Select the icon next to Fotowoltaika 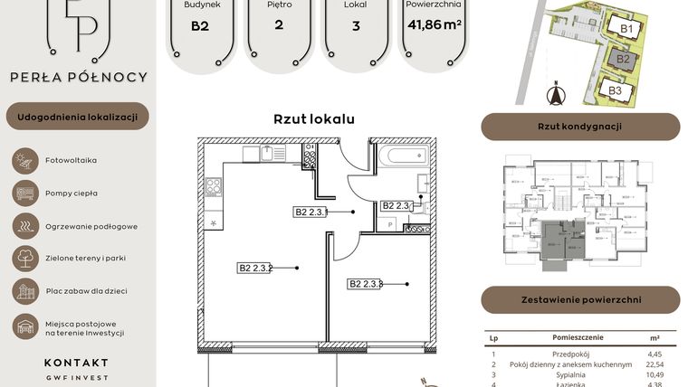pos(24,160)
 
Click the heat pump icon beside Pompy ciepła pos(24,193)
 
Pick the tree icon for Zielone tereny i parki pos(24,259)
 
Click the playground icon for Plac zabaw pos(24,291)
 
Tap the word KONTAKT pos(76,362)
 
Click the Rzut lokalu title pos(313,118)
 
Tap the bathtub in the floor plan pos(404,156)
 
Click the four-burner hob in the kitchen pos(215,187)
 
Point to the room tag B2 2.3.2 pos(256,268)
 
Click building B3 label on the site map pos(615,90)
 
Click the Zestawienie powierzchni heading pos(579,299)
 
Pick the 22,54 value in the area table pos(655,364)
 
